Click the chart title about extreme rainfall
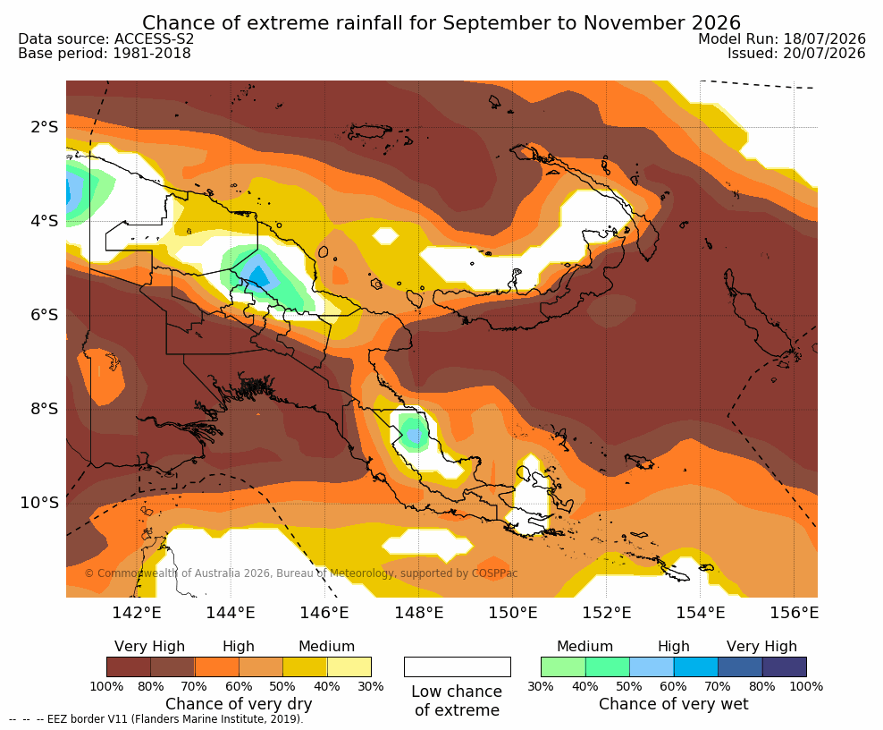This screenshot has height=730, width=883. click(x=441, y=23)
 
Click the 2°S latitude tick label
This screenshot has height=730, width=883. click(x=45, y=127)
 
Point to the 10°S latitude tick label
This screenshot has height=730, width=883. click(x=39, y=502)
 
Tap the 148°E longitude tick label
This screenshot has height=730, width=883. click(x=418, y=612)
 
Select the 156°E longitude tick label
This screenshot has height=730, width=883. click(x=794, y=612)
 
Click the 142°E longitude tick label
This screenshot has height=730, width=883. click(x=137, y=612)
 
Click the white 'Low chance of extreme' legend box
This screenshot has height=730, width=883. click(x=458, y=666)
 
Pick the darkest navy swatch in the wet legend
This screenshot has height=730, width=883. click(x=785, y=666)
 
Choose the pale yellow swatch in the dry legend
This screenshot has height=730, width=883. click(x=349, y=666)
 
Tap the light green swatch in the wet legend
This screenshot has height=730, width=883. click(x=563, y=666)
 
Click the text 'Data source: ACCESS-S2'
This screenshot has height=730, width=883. click(x=105, y=38)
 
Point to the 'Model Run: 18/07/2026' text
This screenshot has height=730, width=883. click(x=782, y=38)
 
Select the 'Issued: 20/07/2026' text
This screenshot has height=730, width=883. click(x=796, y=54)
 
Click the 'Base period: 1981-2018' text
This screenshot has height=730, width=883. click(x=105, y=54)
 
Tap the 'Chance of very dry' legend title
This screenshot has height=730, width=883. click(x=239, y=704)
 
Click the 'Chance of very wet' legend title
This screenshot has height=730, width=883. click(x=674, y=704)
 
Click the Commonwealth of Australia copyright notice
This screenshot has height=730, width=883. click(x=300, y=573)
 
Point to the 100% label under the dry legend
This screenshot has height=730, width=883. click(x=106, y=686)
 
